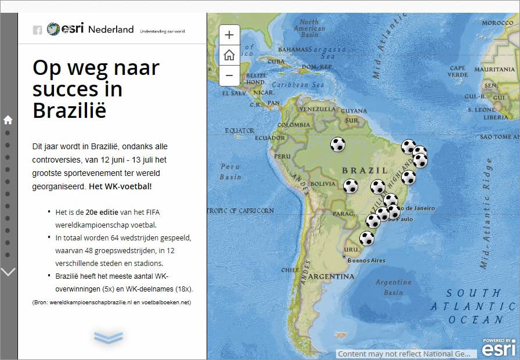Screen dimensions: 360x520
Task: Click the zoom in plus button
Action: click(x=229, y=35)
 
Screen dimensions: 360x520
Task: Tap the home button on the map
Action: click(x=229, y=55)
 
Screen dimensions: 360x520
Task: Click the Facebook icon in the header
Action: click(x=37, y=30)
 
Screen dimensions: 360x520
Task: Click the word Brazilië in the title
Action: click(x=70, y=110)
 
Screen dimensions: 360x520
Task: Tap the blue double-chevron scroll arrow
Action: click(x=109, y=337)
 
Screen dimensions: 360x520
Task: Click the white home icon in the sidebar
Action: click(x=8, y=120)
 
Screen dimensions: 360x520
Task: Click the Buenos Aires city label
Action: click(x=366, y=261)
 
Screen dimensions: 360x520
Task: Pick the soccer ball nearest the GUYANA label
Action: click(x=338, y=144)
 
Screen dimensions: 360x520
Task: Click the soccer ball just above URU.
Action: click(x=367, y=238)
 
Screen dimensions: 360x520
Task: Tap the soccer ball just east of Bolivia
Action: click(x=351, y=186)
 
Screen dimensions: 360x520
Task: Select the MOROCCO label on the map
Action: click(x=498, y=23)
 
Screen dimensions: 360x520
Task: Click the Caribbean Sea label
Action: click(x=302, y=85)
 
